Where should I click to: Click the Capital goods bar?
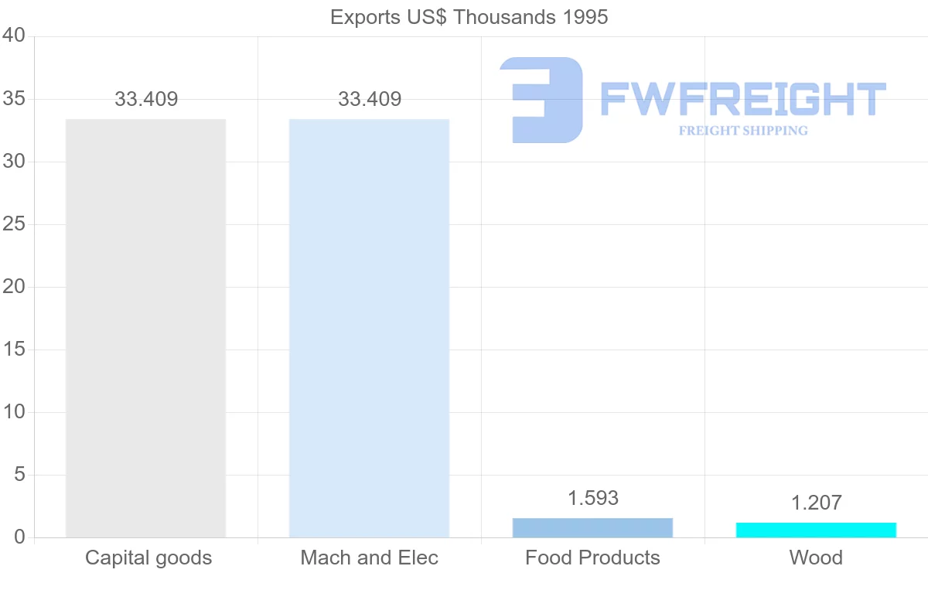[145, 328]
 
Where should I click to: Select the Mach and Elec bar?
[369, 328]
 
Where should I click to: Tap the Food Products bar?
[592, 527]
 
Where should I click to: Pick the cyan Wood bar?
[816, 530]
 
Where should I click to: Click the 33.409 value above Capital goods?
[146, 99]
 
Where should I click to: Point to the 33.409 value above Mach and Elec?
[370, 99]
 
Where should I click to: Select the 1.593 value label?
[593, 498]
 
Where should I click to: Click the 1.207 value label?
[816, 503]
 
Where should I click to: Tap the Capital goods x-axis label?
[148, 558]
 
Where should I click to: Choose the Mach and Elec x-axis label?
[370, 558]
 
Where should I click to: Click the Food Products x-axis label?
[592, 558]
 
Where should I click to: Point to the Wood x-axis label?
[816, 558]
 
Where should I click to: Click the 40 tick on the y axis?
[14, 36]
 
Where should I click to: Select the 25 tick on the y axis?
[14, 224]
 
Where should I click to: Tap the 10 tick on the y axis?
[14, 412]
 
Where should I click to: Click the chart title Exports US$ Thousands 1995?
[469, 16]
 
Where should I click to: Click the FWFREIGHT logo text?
[742, 99]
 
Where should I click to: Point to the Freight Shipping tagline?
[743, 131]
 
